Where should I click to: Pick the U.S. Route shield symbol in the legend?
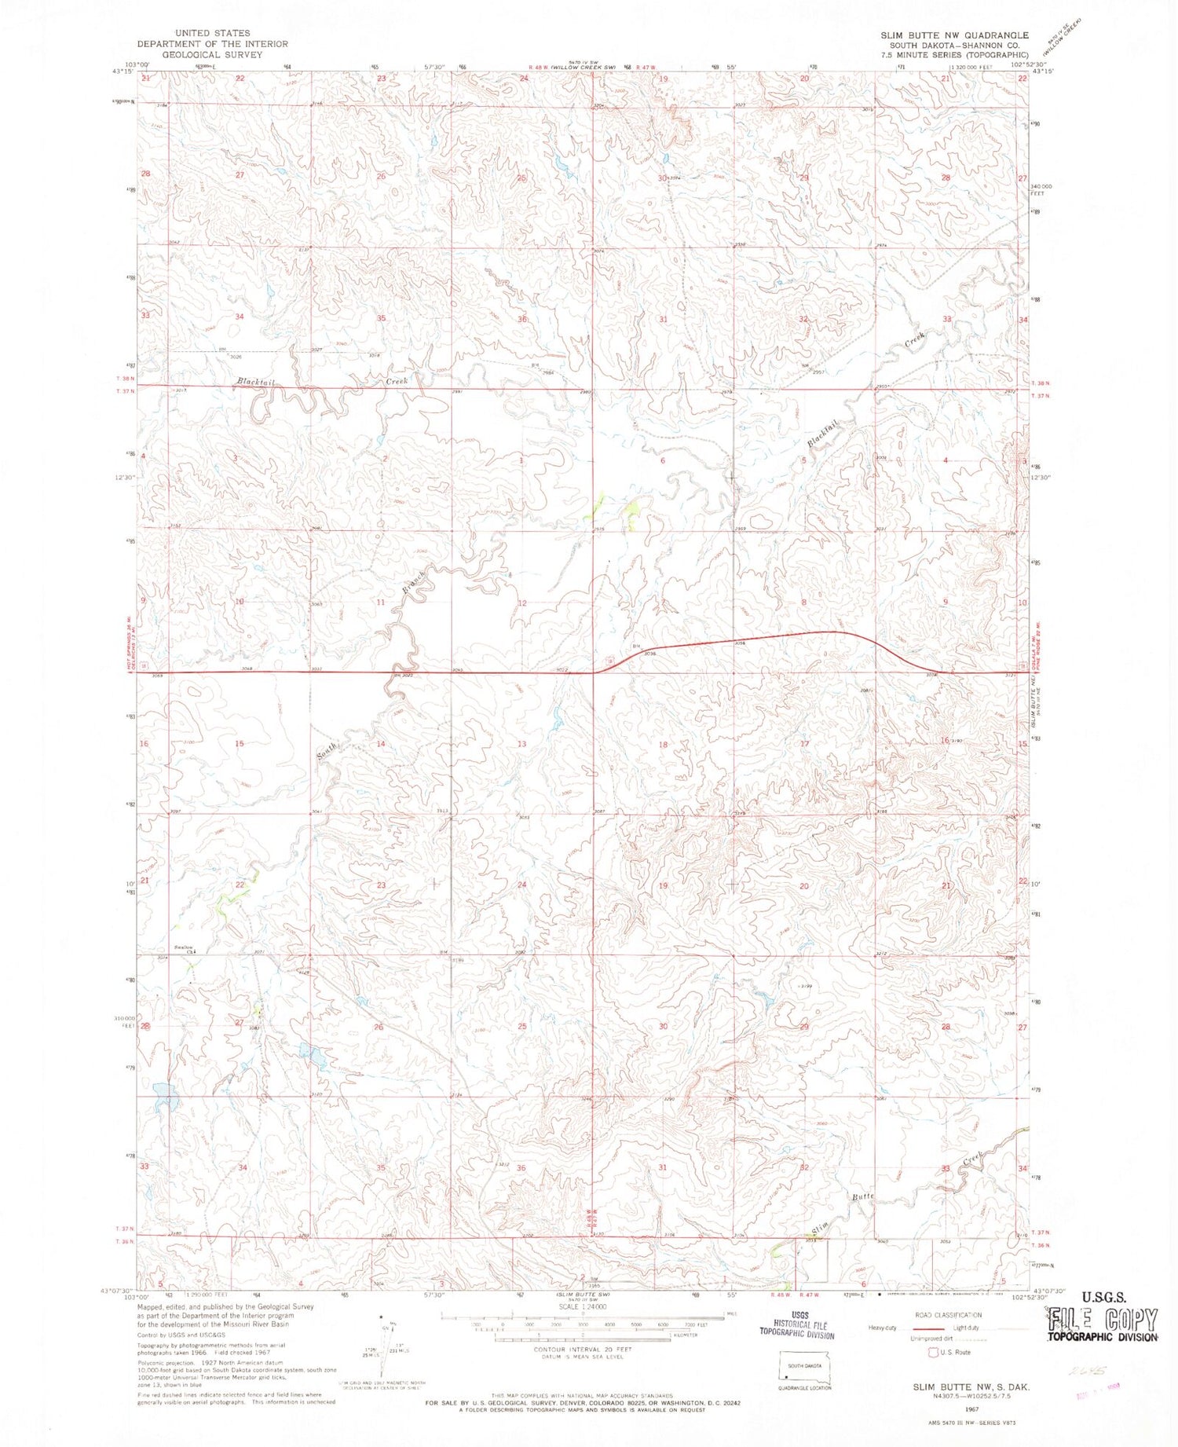(934, 1352)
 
